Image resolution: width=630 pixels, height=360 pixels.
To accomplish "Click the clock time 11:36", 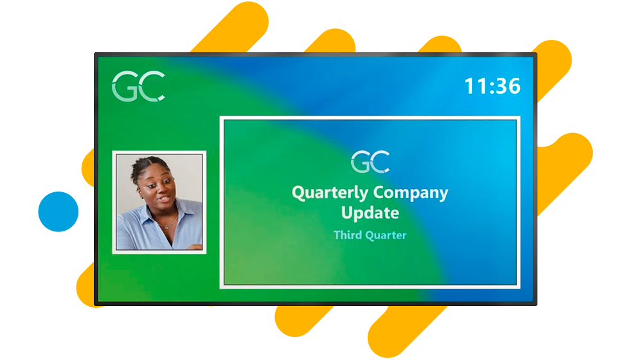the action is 492,86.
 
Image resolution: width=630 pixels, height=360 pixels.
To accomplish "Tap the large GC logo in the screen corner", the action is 138,86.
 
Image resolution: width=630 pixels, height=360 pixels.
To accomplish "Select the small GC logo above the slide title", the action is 370,161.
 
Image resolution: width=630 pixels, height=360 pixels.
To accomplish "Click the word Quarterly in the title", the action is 329,194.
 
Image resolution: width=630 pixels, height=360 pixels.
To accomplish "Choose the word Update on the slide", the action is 370,213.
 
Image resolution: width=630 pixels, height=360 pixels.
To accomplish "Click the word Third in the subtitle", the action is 348,235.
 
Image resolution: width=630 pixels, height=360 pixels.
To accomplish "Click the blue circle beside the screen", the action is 59,212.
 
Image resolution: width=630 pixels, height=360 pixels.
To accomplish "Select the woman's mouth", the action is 164,199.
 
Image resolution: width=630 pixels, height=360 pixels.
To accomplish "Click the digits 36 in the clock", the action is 508,86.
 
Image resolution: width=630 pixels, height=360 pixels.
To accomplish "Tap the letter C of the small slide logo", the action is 381,161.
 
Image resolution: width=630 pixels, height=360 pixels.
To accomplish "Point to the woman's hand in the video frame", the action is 194,247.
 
